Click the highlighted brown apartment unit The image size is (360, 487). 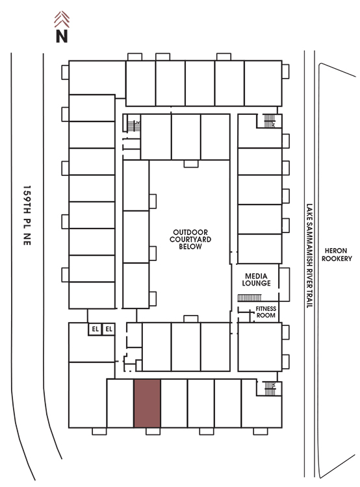148,403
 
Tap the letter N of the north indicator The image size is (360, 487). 62,36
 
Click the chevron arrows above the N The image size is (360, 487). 62,19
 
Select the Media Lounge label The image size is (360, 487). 256,279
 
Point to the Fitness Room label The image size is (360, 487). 266,312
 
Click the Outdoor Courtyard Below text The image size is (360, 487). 190,239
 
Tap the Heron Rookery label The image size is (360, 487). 337,255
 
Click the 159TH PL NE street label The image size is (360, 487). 27,216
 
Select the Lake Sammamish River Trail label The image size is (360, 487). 309,256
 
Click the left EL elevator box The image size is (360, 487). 95,329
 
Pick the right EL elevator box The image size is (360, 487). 109,329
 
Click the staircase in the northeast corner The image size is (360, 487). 270,121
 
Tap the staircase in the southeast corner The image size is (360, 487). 270,388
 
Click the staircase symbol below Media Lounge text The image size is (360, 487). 250,298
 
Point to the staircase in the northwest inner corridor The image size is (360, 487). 134,126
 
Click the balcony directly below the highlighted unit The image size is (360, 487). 153,431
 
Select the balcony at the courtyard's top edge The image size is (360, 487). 191,164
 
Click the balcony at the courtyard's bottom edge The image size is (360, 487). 191,319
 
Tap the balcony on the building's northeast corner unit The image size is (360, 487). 285,71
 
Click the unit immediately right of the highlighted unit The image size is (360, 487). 174,403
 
